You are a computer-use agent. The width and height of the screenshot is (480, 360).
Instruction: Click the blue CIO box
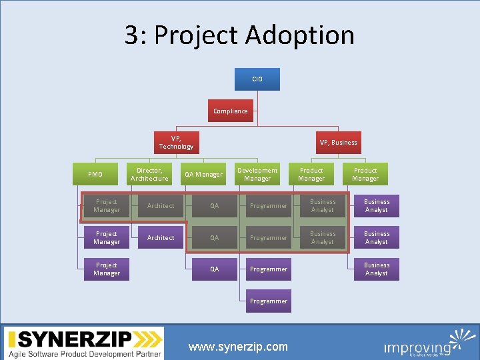[x=257, y=79]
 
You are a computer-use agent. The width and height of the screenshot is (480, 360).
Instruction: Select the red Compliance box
[x=230, y=111]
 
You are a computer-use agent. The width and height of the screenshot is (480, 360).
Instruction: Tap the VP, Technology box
[x=176, y=142]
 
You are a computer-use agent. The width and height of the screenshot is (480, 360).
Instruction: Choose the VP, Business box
[x=338, y=142]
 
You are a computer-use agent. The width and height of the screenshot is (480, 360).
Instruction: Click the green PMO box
[x=95, y=175]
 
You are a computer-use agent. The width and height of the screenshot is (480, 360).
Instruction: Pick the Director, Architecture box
[x=149, y=175]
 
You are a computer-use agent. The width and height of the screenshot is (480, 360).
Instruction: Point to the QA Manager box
[x=203, y=175]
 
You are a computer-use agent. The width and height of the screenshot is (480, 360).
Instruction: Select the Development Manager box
[x=257, y=175]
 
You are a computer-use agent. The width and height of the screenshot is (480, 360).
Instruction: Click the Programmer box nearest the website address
[x=269, y=301]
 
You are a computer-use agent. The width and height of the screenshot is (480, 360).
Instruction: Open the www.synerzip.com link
[x=238, y=347]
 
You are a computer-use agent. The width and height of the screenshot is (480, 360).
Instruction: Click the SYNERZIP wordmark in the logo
[x=71, y=339]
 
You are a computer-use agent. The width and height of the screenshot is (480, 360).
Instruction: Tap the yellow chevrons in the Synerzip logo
[x=153, y=339]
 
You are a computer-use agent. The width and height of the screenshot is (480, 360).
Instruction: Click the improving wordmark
[x=417, y=347]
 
